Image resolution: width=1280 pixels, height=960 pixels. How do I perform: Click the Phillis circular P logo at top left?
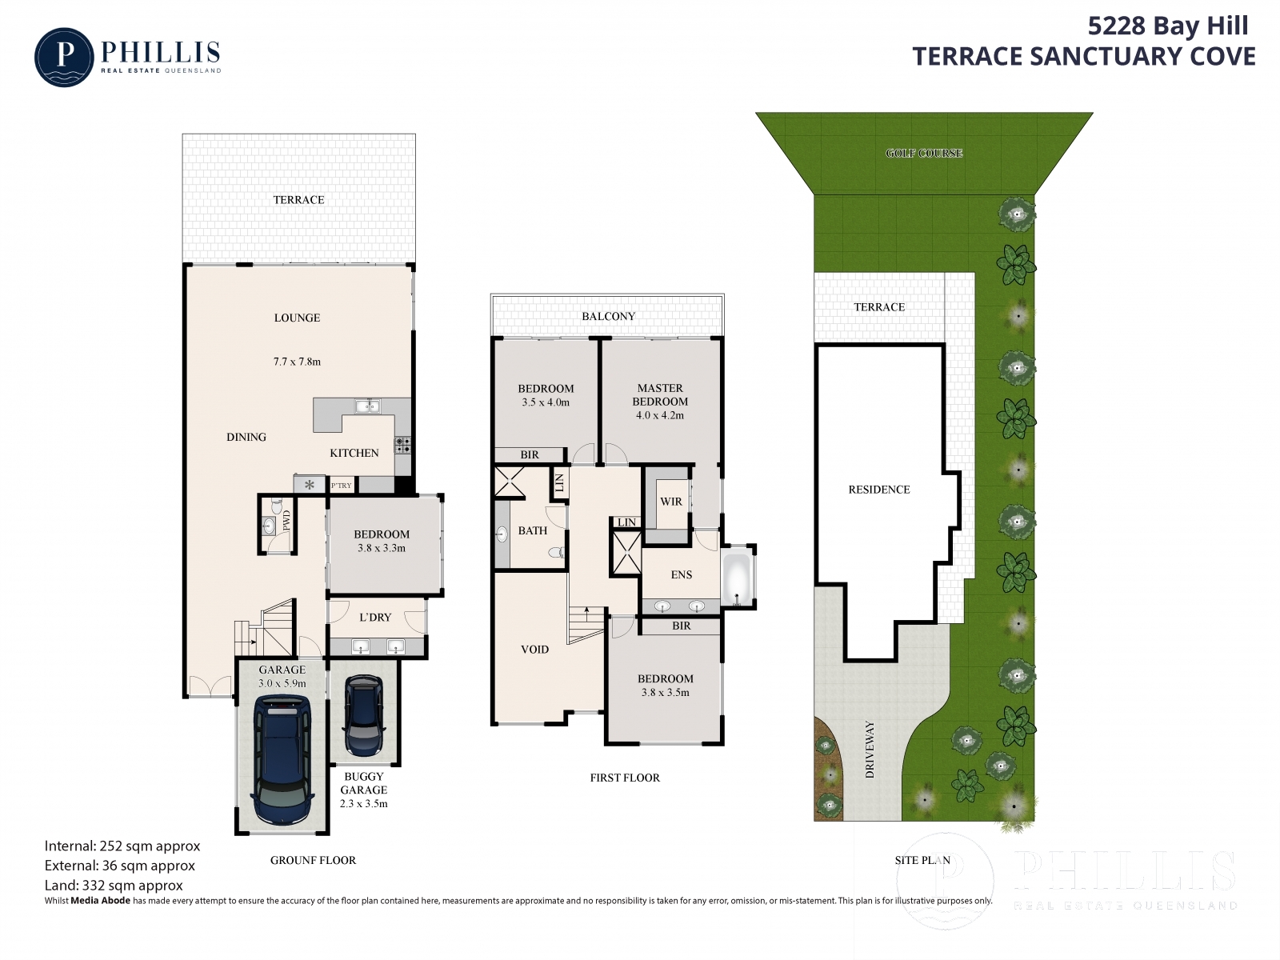[x=64, y=57]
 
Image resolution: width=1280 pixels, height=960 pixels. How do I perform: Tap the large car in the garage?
[x=282, y=762]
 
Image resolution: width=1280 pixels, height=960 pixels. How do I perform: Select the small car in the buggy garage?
[x=364, y=716]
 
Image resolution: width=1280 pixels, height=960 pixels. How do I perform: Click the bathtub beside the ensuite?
[x=737, y=578]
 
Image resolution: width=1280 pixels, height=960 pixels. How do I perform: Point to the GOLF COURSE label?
[x=924, y=154]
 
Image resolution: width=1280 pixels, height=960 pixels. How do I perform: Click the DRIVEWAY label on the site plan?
[x=870, y=750]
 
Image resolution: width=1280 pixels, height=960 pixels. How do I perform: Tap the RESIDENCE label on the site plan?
[x=878, y=490]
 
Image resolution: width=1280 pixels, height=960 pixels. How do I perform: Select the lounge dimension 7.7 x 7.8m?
[x=297, y=362]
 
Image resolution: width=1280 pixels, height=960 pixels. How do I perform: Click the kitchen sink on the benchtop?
[x=367, y=406]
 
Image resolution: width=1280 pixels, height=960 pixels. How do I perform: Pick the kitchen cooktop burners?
[x=403, y=446]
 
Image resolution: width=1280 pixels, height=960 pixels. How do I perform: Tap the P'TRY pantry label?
[x=341, y=486]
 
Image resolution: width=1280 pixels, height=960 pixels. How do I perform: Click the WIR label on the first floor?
[x=670, y=502]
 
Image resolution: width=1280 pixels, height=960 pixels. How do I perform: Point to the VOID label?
[x=534, y=650]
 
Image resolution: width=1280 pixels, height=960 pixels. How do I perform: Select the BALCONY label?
[x=608, y=317]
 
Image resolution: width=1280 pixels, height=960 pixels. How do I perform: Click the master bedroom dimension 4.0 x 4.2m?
[x=659, y=415]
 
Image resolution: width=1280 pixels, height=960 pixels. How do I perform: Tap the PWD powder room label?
[x=286, y=521]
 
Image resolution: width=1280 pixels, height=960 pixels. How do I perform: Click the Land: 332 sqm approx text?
[x=114, y=886]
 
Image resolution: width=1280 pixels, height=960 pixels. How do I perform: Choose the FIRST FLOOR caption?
[x=625, y=778]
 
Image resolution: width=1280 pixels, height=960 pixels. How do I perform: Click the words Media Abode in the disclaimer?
[x=100, y=901]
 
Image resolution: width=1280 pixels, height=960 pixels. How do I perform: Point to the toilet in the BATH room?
[x=556, y=551]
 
